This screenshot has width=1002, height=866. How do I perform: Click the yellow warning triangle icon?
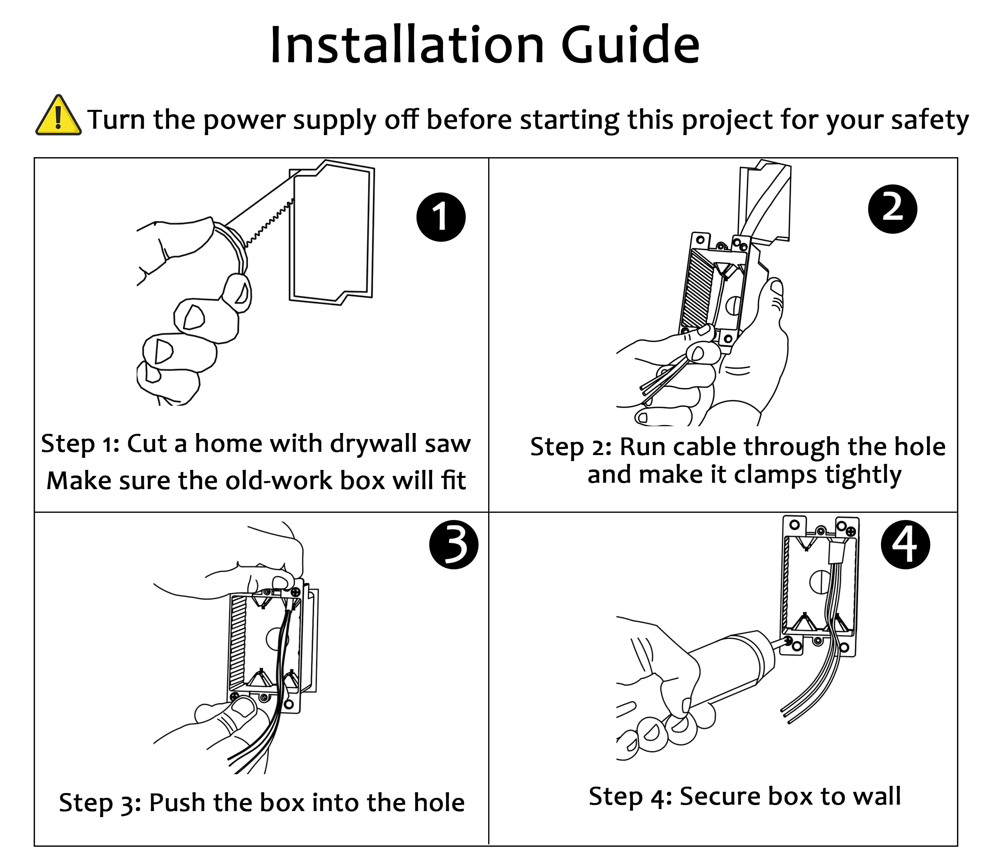pyautogui.click(x=58, y=117)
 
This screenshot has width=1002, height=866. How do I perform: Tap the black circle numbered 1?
pyautogui.click(x=440, y=217)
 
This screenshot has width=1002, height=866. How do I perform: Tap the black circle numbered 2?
pyautogui.click(x=893, y=209)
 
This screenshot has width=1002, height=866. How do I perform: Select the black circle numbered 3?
pyautogui.click(x=454, y=545)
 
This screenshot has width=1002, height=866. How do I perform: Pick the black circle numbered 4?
pyautogui.click(x=905, y=545)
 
